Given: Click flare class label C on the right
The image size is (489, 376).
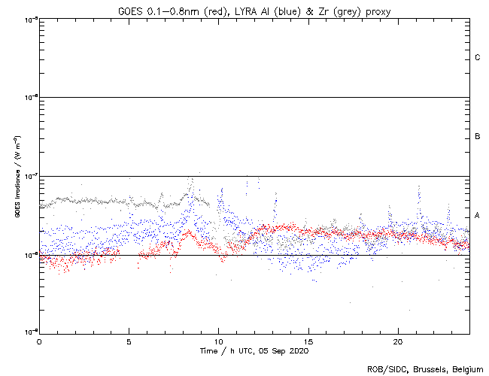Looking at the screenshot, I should (x=478, y=58).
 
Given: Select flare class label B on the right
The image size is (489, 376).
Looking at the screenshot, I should (x=478, y=137).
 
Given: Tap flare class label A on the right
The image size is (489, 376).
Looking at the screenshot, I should (x=478, y=216).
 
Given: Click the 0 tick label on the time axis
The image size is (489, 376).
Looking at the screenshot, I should (x=39, y=341).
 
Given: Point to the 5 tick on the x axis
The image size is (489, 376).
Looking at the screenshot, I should (x=129, y=341).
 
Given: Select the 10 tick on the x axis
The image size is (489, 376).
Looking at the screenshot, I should (x=218, y=341).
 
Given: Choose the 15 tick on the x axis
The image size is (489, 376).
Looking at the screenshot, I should (x=308, y=341).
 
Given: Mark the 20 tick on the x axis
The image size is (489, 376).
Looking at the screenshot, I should (x=398, y=341).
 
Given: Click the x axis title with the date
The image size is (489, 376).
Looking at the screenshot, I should (x=254, y=351).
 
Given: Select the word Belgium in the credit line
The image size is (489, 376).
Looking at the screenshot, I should (x=466, y=369).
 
